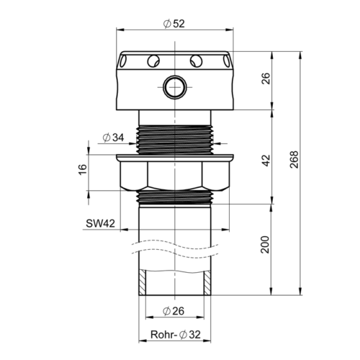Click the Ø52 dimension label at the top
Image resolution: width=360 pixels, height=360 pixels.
click(174, 24)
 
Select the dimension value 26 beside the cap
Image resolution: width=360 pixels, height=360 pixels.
click(266, 78)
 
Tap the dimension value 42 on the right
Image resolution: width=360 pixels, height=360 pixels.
click(266, 161)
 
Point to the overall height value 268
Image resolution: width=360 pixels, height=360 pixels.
click(294, 160)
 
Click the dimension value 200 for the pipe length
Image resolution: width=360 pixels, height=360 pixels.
click(265, 244)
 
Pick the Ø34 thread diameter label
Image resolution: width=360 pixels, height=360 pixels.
click(113, 138)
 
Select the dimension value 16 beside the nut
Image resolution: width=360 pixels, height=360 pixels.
click(83, 169)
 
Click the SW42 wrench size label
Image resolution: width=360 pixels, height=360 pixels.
click(101, 224)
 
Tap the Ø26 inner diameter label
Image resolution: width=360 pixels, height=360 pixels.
click(174, 311)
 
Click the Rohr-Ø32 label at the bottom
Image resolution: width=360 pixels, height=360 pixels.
click(176, 334)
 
